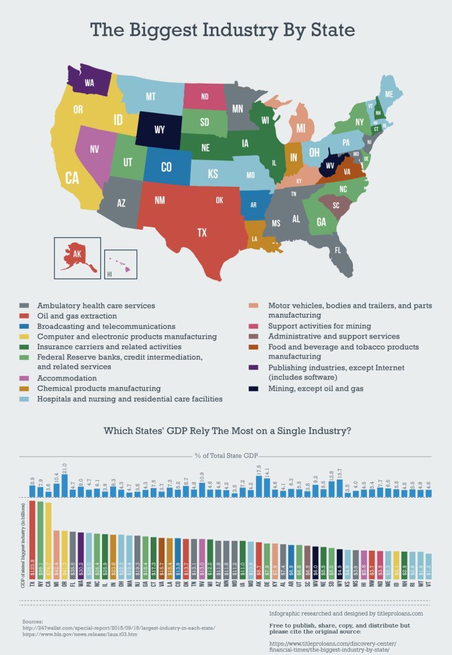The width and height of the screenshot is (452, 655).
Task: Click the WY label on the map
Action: coord(159,130)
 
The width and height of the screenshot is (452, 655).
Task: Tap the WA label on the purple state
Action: coord(89,83)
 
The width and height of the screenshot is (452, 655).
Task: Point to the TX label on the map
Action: coord(202,233)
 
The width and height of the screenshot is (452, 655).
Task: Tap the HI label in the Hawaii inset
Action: coord(109,274)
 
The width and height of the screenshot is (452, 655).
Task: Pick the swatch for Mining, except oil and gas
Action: coord(253,389)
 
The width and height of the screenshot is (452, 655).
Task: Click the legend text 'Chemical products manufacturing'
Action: coord(99,388)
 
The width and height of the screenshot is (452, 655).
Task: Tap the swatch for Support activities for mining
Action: coord(253,326)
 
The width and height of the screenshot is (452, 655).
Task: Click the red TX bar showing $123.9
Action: coord(32,540)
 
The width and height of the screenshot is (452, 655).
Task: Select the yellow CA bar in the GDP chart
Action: coord(48,540)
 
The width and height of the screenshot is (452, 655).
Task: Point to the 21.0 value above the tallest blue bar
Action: coord(64,469)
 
